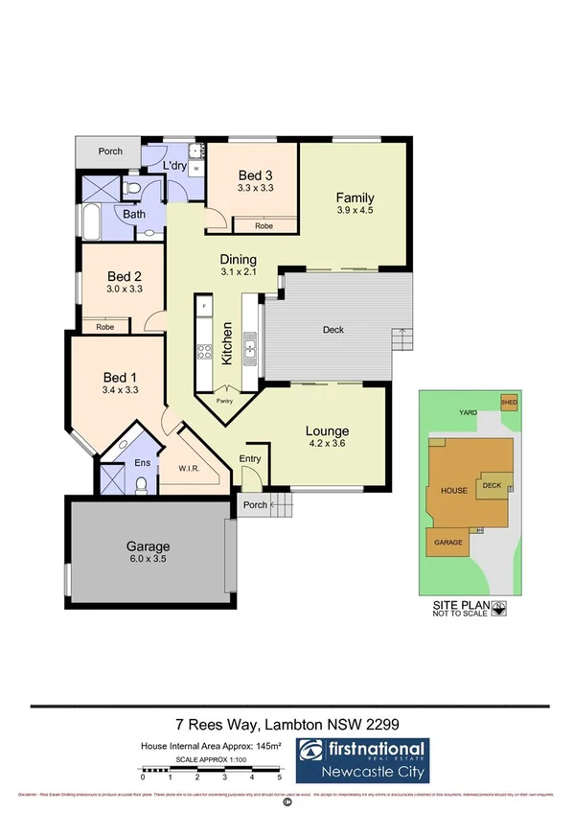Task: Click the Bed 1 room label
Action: (120, 376)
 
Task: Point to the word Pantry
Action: (225, 401)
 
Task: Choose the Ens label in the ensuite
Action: (143, 464)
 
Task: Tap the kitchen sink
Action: (250, 346)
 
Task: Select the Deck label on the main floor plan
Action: (333, 330)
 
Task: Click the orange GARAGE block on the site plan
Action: (450, 543)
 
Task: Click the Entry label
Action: (250, 459)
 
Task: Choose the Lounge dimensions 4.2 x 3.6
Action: (327, 445)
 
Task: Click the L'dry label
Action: (174, 166)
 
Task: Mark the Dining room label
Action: (239, 259)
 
